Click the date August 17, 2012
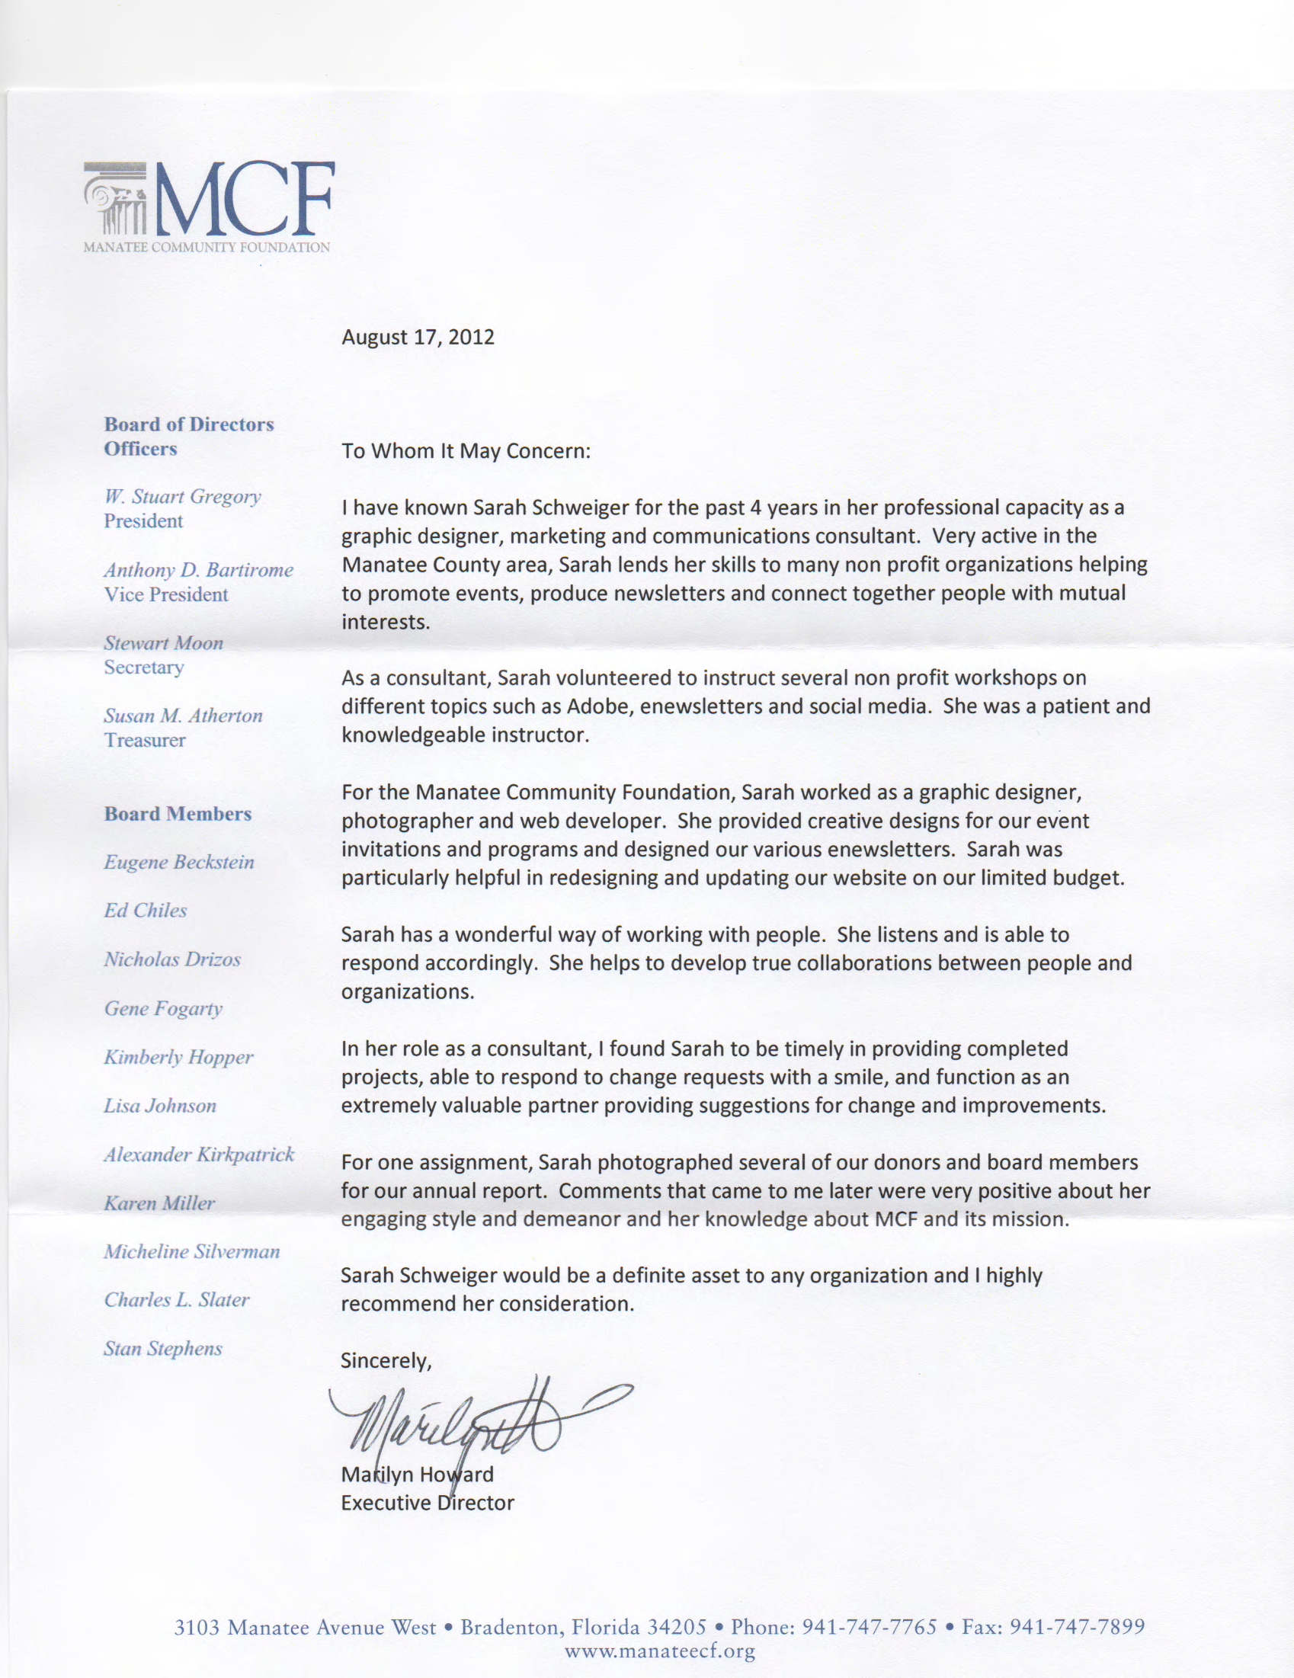tap(418, 338)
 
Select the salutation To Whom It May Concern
tap(466, 451)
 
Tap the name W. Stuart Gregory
tap(183, 496)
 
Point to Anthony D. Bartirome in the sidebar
tap(198, 570)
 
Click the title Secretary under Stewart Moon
tap(144, 667)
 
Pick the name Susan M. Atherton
tap(183, 716)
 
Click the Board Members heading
tap(178, 814)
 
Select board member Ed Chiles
tap(146, 911)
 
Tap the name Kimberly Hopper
tap(178, 1057)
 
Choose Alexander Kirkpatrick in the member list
tap(199, 1154)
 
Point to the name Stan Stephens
tap(163, 1348)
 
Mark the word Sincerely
tap(386, 1361)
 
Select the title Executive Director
tap(428, 1503)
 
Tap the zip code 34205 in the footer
tap(676, 1627)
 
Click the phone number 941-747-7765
tap(869, 1627)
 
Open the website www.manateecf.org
tap(659, 1651)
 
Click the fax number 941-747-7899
tap(1077, 1627)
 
